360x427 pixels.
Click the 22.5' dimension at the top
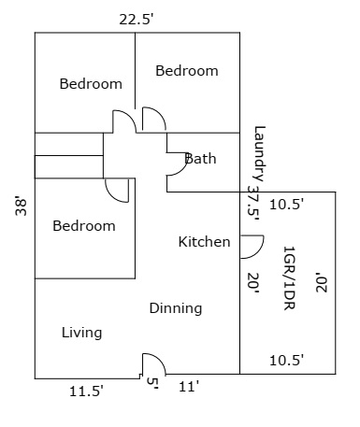pos(137,20)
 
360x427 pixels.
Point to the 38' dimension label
pos(22,206)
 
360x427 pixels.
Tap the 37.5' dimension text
pos(253,204)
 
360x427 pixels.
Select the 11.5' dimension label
pos(86,391)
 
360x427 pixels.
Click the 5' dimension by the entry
pos(152,383)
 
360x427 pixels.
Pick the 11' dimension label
pos(189,387)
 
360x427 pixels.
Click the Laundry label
pos(260,153)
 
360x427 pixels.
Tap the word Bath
pos(200,159)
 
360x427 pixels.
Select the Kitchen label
pos(204,242)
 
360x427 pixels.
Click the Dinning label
pos(176,308)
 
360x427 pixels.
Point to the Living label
pos(81,333)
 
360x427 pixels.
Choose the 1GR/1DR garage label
pos(289,278)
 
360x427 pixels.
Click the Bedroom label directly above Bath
pos(187,71)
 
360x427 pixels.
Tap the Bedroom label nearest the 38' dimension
pos(84,226)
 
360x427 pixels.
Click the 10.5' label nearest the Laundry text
pos(286,205)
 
